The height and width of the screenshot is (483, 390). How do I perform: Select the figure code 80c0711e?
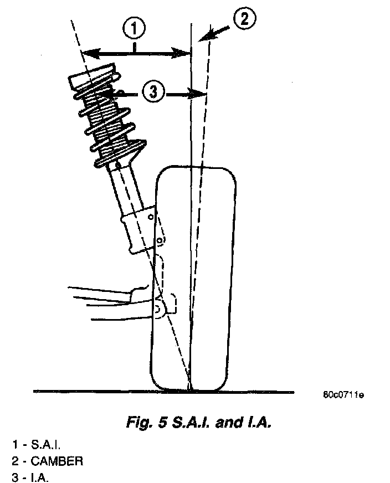tap(343, 395)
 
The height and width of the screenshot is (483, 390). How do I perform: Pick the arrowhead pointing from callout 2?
tap(206, 36)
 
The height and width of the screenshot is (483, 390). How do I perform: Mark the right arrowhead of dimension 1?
tap(186, 53)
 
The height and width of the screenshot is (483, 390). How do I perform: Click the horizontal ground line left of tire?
tap(89, 392)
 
